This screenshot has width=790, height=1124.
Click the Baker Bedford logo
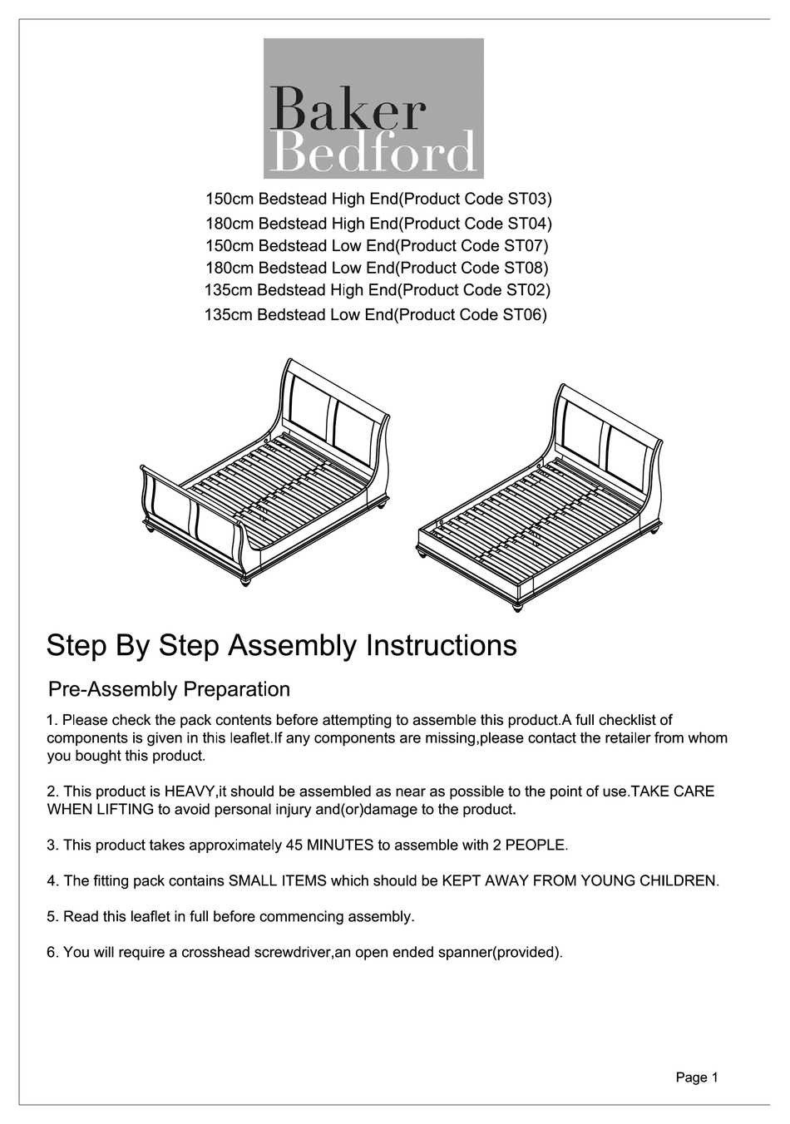point(373,110)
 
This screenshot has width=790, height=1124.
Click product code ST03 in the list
point(528,200)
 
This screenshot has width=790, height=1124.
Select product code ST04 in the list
point(528,224)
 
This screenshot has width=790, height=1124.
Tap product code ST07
point(525,246)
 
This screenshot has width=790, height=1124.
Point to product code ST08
point(525,269)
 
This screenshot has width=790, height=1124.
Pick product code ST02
point(526,290)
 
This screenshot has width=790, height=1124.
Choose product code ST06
point(523,315)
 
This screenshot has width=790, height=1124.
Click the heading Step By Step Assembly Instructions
point(281,645)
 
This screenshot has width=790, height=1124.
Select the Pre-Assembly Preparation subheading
point(170,689)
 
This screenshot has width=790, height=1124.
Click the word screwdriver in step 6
point(292,953)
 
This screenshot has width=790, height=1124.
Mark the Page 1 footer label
point(697,1078)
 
